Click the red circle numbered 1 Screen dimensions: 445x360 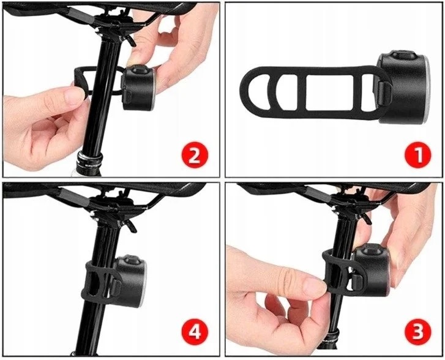tap(417, 155)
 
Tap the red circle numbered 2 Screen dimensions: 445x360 tap(195, 155)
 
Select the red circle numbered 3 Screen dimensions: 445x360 tap(417, 332)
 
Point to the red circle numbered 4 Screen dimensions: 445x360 tap(195, 332)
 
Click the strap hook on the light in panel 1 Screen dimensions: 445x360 tap(385, 93)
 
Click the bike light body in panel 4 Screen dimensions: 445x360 tap(131, 281)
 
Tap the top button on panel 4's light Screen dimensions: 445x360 tap(131, 260)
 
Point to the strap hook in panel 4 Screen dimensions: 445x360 tap(116, 287)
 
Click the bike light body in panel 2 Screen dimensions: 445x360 tap(138, 88)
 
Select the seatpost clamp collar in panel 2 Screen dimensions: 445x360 tap(89, 160)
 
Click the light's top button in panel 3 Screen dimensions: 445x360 tap(369, 250)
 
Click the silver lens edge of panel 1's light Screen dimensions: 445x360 tap(427, 89)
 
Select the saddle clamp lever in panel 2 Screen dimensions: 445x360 tap(130, 41)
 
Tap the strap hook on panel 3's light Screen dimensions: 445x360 tap(357, 281)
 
